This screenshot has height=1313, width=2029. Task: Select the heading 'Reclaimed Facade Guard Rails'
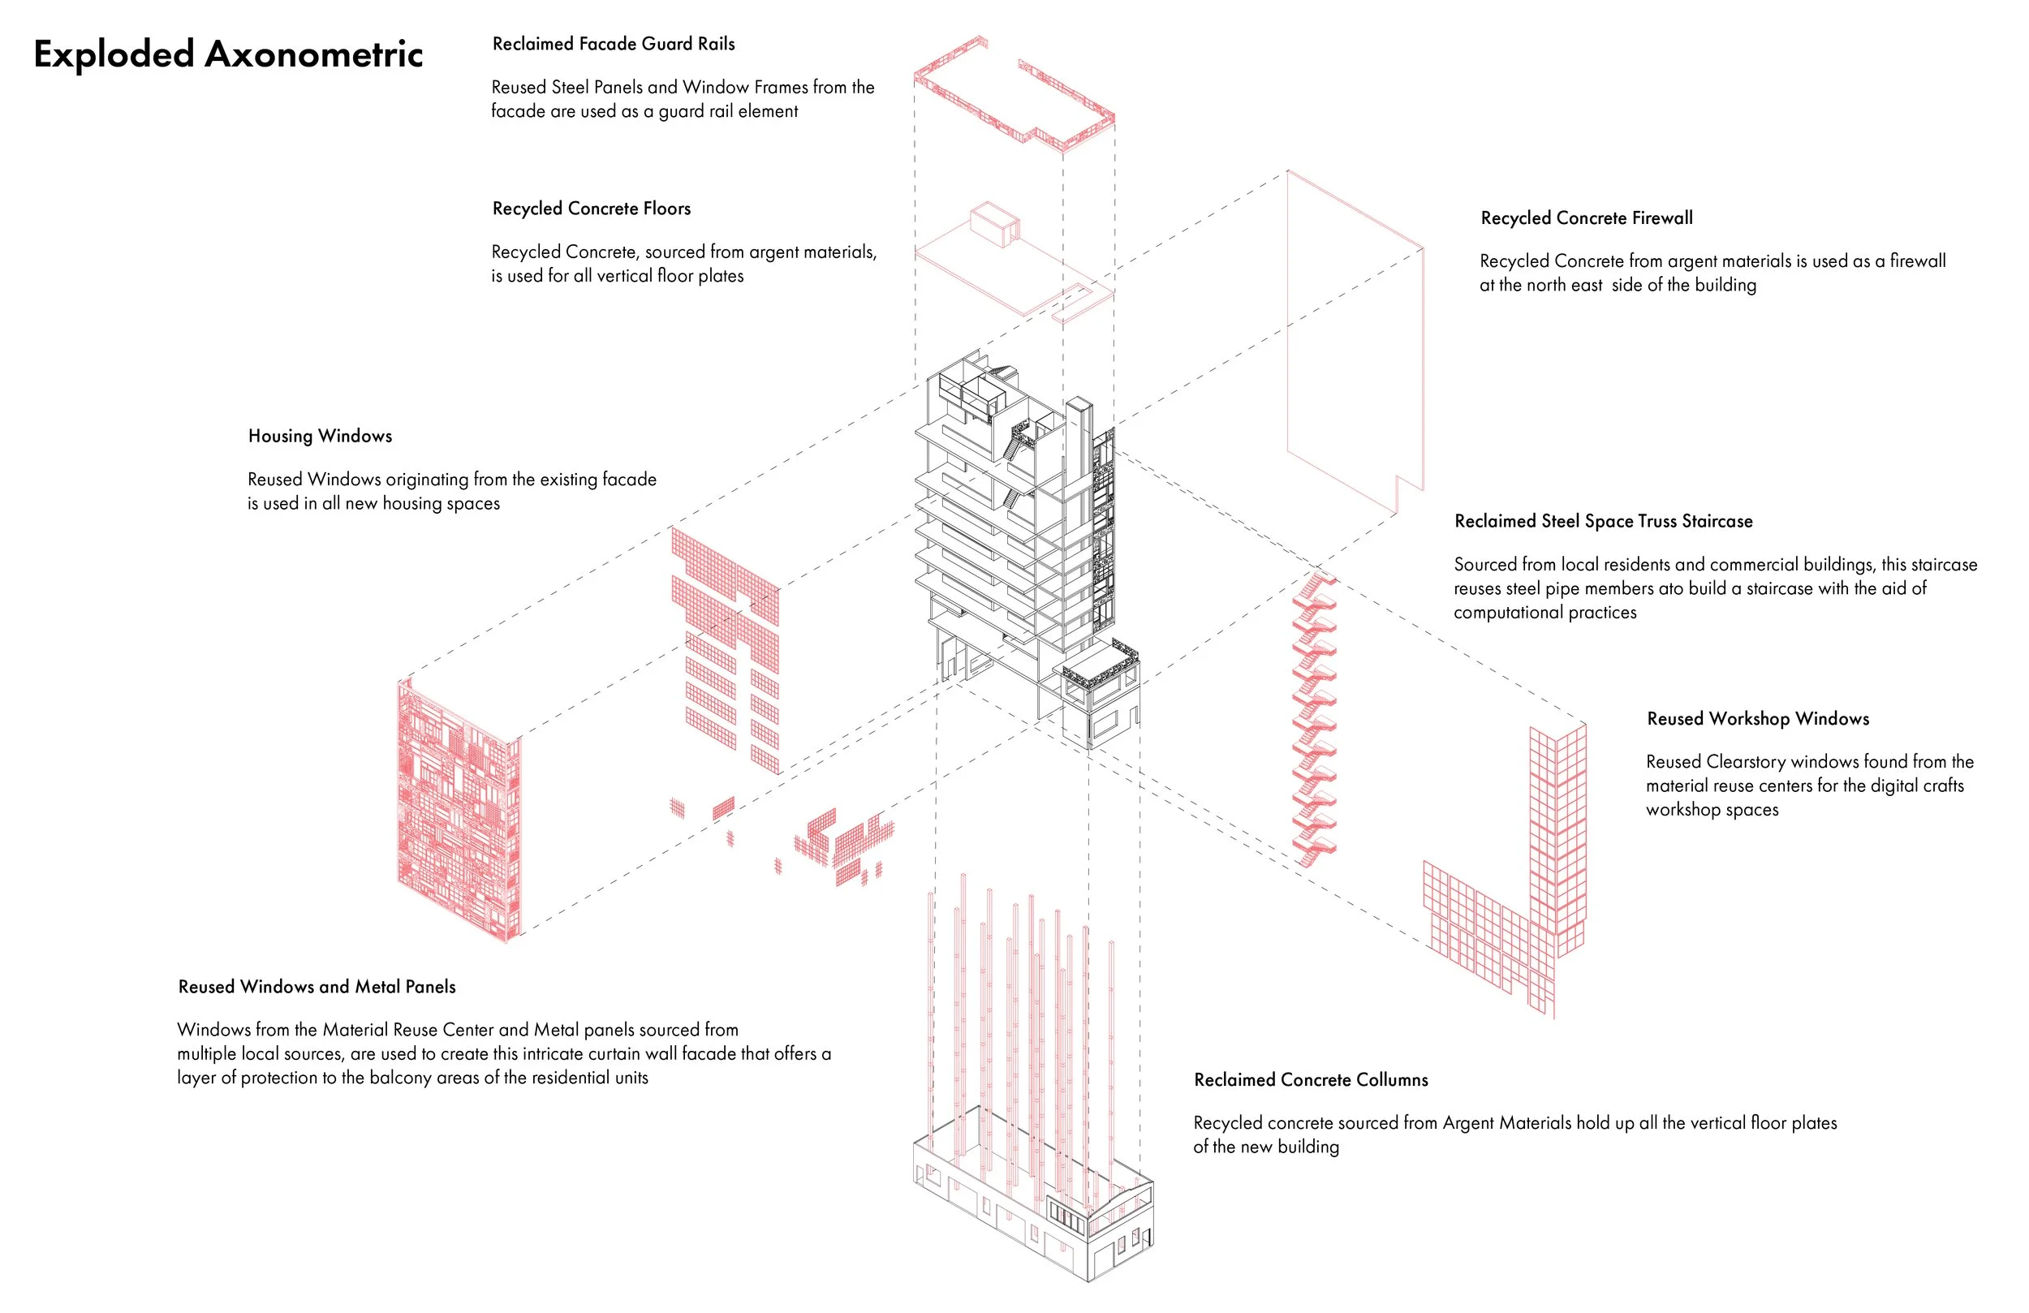pos(613,45)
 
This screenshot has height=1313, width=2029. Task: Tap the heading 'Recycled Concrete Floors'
pos(591,209)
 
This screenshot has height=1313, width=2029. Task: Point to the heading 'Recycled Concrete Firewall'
pos(1586,218)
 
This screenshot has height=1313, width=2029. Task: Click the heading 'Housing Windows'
pos(320,437)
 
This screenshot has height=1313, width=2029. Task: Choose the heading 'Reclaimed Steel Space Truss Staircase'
pos(1603,522)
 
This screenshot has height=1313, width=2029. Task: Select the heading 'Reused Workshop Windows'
pos(1757,719)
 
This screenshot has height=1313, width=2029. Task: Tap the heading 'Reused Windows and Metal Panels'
pos(317,988)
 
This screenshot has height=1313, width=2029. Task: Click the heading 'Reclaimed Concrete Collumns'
pos(1310,1080)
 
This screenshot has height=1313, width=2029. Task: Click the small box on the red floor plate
pos(994,223)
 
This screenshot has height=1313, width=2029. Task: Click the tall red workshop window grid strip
pos(1557,836)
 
